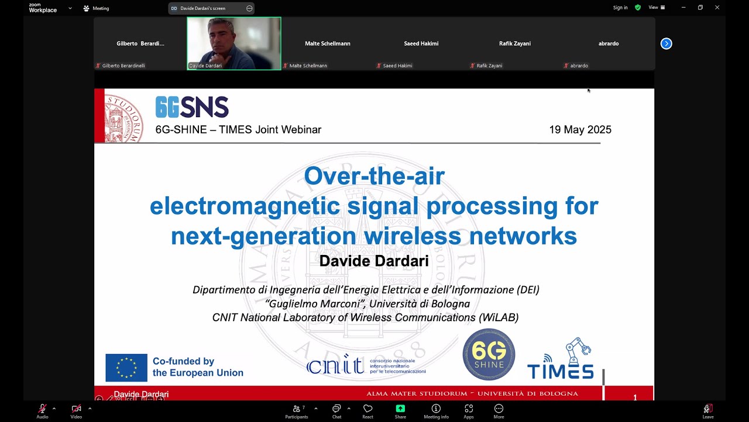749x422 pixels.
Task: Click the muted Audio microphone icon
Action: (42, 409)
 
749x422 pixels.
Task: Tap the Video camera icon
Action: (76, 409)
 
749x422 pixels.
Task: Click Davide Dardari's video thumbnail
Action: (234, 43)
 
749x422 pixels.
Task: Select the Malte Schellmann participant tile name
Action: (328, 43)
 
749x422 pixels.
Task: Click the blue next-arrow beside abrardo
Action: (666, 43)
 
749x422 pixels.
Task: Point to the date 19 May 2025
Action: (580, 130)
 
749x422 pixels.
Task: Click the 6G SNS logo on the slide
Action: (192, 107)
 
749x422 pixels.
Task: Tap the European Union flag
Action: (126, 367)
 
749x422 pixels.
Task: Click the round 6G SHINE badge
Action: (489, 355)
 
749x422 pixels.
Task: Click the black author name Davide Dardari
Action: (374, 261)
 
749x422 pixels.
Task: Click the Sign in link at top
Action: (620, 8)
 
